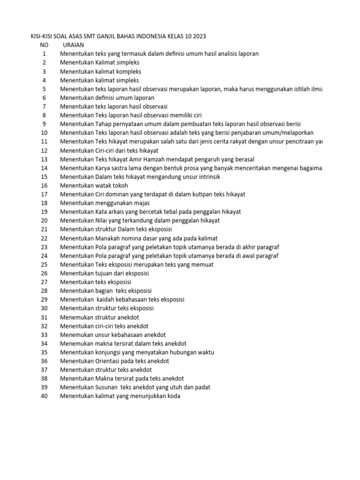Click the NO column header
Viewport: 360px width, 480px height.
[44, 45]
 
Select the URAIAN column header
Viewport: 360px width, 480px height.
[73, 45]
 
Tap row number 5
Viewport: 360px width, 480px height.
[44, 89]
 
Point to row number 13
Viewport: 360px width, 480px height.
[44, 159]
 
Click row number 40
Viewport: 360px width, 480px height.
[44, 396]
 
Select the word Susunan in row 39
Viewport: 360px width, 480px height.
[107, 387]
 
